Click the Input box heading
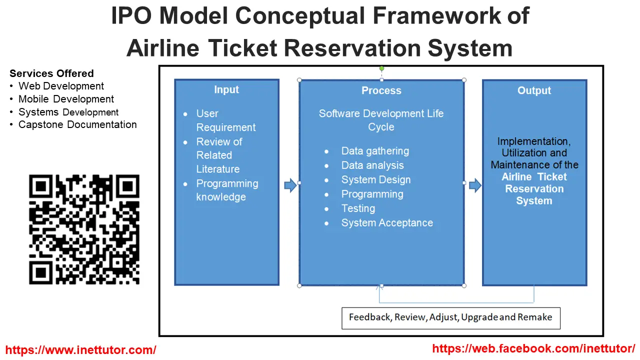226,90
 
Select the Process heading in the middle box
381,90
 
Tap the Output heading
534,90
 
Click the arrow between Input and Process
290,186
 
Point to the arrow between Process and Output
475,186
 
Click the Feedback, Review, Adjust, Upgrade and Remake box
450,317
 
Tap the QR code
84,229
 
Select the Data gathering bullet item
375,151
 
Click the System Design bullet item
376,180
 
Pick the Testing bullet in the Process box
358,208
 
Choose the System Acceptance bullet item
387,223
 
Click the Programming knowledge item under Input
226,190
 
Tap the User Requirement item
225,120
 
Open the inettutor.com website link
80,350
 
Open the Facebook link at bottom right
533,348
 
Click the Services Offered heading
51,73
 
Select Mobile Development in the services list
66,99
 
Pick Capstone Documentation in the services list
77,124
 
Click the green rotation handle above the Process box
381,68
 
